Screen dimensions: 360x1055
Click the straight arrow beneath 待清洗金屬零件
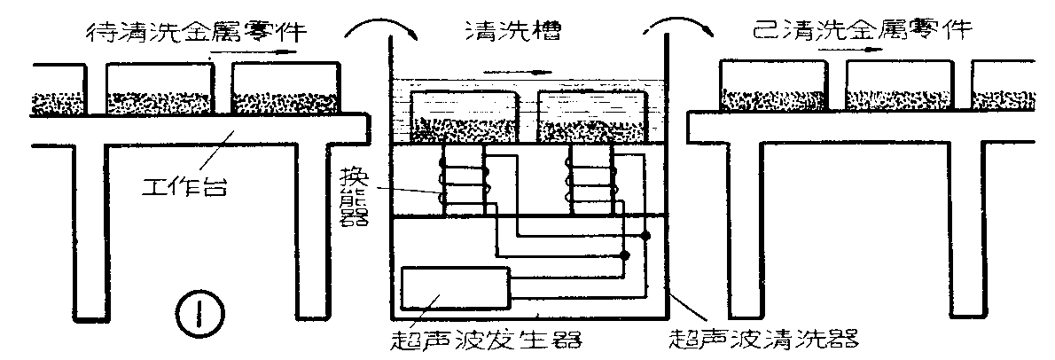click(x=242, y=53)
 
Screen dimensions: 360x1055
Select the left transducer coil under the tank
click(x=463, y=182)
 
